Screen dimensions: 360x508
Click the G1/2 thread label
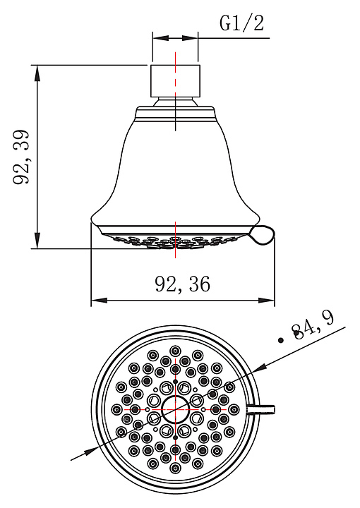coord(241,23)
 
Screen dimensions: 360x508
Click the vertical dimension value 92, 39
coord(21,157)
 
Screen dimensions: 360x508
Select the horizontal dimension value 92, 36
coord(182,284)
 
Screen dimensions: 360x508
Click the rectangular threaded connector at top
coord(175,81)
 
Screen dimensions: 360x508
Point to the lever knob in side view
coord(263,235)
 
